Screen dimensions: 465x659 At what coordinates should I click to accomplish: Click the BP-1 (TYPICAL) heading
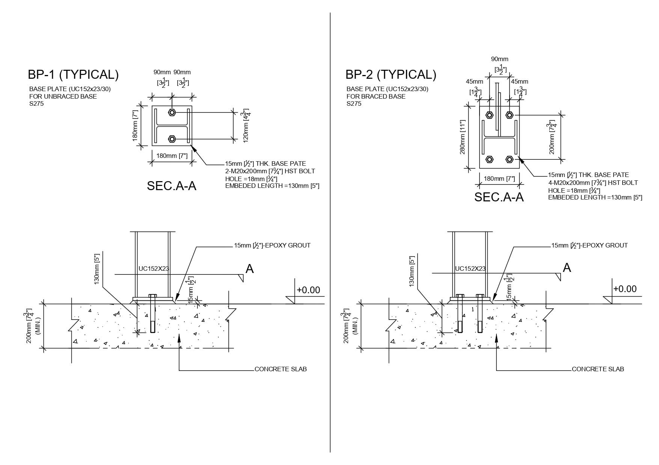73,75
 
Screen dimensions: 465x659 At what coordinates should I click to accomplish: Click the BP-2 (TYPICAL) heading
391,75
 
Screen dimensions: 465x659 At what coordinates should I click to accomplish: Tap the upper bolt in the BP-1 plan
172,112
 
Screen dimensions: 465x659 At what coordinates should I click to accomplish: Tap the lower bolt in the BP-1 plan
172,139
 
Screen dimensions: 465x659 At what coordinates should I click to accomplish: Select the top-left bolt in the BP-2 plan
489,115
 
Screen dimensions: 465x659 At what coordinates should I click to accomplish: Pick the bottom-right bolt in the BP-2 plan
510,160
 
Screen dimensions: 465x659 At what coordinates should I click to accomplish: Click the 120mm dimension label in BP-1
246,126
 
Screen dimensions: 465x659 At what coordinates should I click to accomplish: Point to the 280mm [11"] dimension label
462,137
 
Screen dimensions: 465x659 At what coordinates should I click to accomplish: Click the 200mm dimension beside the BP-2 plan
551,137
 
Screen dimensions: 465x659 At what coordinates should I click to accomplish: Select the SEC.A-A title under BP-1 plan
172,186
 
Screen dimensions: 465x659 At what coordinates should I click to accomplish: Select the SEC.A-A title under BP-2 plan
499,197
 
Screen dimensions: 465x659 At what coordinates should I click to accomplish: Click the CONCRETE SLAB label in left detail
280,369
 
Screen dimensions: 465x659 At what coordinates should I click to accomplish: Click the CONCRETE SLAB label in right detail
598,369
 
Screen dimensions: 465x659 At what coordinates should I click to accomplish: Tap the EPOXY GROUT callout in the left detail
272,245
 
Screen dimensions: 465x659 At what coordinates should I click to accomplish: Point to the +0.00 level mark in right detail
625,289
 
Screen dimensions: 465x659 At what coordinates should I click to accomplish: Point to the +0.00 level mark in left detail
308,290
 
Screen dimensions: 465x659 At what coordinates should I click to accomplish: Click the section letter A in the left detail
249,268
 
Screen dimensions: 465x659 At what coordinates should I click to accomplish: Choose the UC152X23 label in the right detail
470,268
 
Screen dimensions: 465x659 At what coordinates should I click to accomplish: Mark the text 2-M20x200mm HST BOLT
270,171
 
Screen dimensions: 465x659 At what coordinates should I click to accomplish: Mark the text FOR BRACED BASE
376,96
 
